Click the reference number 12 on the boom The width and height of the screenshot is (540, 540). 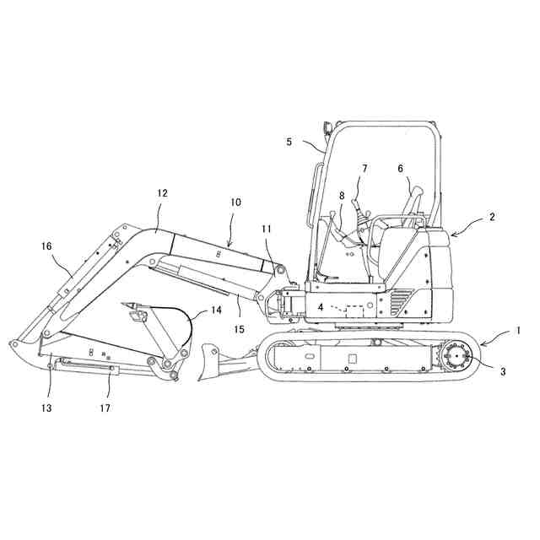[163, 193]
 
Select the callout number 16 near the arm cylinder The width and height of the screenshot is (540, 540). [46, 246]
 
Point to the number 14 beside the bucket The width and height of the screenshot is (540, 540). [216, 310]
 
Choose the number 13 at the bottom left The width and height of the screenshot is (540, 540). [47, 408]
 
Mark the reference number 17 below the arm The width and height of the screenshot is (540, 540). [105, 408]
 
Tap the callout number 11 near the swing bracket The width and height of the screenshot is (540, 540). [267, 229]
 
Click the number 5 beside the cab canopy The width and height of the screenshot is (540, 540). [289, 142]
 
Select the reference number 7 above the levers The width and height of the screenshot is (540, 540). [364, 168]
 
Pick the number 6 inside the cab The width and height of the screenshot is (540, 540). [401, 168]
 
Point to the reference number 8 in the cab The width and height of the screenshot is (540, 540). [342, 196]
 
